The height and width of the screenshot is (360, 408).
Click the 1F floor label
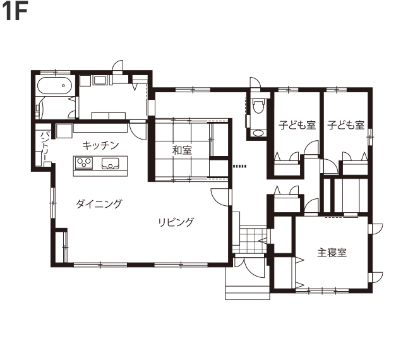click(15, 12)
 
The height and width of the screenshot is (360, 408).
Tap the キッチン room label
click(100, 145)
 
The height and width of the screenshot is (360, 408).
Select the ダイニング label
click(99, 203)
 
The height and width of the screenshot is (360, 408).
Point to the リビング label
click(176, 222)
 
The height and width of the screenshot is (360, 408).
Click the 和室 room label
click(182, 150)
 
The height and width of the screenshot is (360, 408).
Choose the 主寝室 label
click(332, 252)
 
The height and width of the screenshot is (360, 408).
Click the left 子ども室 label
click(297, 125)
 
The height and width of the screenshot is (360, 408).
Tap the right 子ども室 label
click(346, 125)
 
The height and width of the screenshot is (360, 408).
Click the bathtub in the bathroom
click(54, 85)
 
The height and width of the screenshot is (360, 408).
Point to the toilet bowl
click(258, 106)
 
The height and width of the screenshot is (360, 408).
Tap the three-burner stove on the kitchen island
click(84, 163)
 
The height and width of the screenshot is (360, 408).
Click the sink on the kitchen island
click(111, 163)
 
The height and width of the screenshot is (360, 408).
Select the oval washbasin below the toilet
click(258, 133)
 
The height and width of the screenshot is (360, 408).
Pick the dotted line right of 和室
click(239, 166)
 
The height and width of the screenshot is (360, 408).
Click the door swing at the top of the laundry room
click(118, 65)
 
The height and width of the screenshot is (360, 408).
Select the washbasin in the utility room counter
click(99, 80)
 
